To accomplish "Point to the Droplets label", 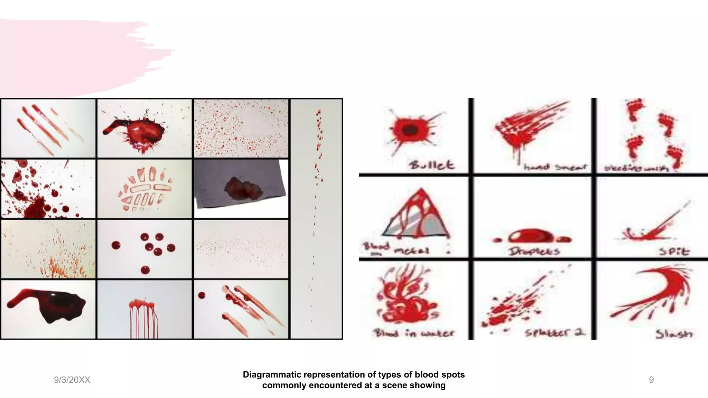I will point(534,251).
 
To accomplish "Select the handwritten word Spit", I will point(674,252).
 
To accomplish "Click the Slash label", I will point(674,334).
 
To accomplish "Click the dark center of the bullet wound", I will point(410,131).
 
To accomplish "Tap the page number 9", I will point(651,380).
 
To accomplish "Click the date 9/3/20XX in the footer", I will point(72,380).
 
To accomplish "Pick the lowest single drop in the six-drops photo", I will point(145,270).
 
